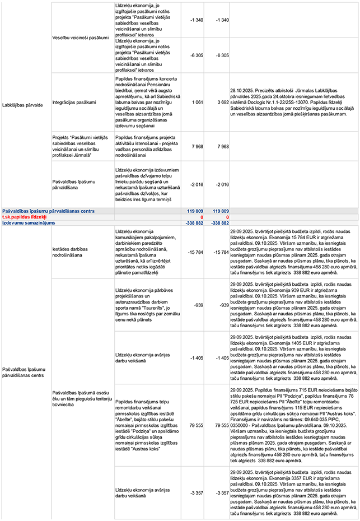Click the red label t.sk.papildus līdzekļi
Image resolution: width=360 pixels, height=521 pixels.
coord(24,216)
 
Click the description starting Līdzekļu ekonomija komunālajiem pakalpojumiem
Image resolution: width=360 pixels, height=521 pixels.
coord(143,253)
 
